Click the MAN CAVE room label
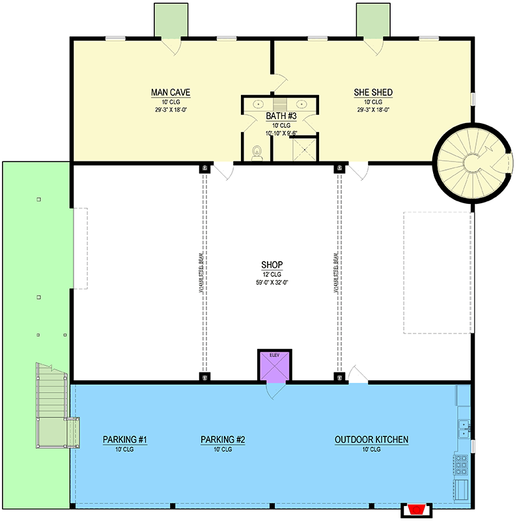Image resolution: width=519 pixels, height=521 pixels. (x=170, y=92)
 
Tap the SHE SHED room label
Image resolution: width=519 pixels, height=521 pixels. (x=372, y=92)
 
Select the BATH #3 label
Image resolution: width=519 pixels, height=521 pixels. (x=280, y=117)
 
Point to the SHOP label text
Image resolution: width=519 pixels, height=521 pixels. (x=272, y=264)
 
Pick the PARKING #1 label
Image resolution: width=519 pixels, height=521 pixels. (x=125, y=440)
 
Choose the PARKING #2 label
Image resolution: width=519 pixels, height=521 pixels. (x=223, y=440)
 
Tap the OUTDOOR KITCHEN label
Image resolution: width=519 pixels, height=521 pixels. (x=371, y=440)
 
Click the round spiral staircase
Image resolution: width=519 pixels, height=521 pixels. (x=467, y=160)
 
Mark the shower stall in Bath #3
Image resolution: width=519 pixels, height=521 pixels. (x=301, y=149)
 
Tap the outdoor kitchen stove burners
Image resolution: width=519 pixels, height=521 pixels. (x=462, y=464)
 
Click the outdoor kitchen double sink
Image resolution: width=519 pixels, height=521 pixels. (x=464, y=427)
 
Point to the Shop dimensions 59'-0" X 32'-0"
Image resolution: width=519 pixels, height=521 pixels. (x=272, y=283)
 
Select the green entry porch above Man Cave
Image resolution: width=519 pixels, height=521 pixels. (x=171, y=20)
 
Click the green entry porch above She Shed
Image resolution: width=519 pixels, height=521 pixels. (x=373, y=20)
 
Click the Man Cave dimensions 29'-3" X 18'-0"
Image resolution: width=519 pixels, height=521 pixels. (x=170, y=111)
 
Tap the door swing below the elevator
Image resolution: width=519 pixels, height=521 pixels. (x=274, y=391)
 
